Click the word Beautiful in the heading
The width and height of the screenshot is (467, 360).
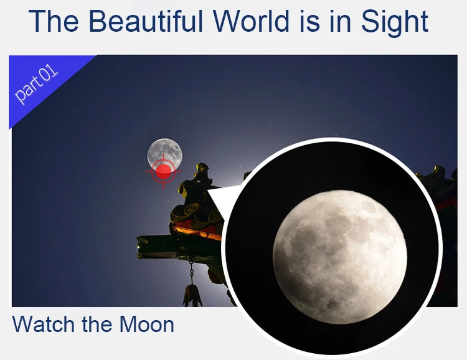[146, 21]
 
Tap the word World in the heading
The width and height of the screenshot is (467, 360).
[251, 21]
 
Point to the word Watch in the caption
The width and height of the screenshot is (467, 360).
[43, 324]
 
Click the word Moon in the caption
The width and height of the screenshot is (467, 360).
[147, 324]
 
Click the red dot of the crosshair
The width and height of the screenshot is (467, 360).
[164, 172]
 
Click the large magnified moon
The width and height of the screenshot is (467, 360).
[340, 256]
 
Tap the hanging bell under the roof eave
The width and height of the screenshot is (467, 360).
[192, 296]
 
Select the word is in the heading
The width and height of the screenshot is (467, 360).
[309, 21]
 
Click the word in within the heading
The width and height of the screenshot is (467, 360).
[341, 21]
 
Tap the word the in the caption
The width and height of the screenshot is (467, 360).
[97, 324]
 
